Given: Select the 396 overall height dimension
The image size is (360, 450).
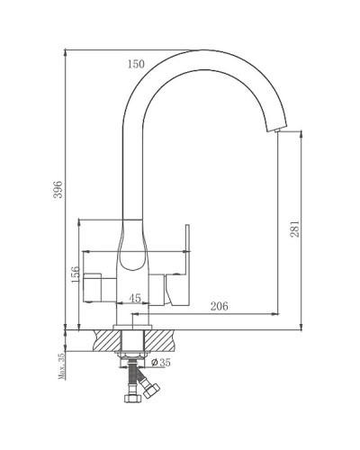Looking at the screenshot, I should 59,191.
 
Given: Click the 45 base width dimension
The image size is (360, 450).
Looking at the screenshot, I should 135,299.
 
